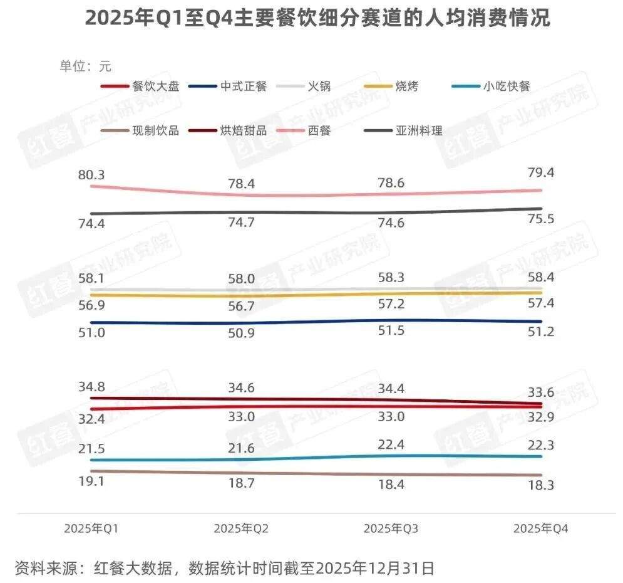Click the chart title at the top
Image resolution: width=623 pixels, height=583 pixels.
coord(317,18)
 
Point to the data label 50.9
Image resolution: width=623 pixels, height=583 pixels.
coord(241,334)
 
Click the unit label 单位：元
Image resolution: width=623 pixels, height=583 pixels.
coord(86,66)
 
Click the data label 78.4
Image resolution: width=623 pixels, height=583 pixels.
coord(241,184)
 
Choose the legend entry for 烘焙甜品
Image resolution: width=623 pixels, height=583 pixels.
coord(244,131)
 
